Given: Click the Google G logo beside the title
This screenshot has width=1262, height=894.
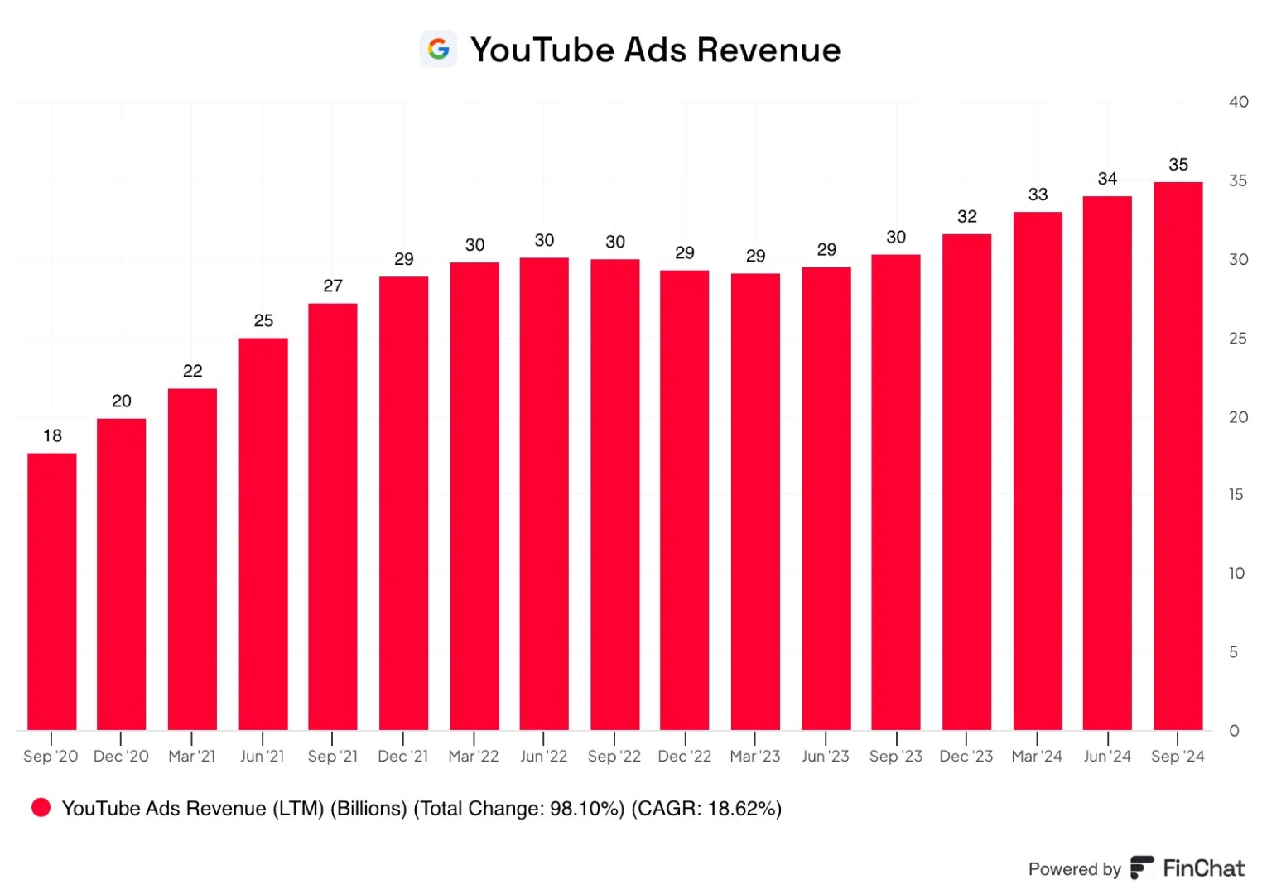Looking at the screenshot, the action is (438, 49).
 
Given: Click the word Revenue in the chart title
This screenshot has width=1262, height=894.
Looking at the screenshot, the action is (768, 50).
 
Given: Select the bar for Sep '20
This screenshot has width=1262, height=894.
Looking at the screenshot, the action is (52, 592).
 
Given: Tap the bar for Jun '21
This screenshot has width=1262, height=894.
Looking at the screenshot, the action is (263, 534).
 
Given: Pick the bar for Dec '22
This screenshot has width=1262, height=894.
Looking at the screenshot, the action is (685, 500).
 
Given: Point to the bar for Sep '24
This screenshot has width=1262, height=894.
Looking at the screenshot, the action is (1178, 456).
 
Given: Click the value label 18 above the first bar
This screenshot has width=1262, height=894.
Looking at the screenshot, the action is (52, 435).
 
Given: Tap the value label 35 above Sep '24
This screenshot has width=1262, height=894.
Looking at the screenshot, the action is (1178, 165).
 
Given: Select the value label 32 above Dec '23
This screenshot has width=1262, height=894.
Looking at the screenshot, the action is (966, 216).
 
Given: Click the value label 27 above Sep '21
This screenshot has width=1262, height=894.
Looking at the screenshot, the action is (332, 286).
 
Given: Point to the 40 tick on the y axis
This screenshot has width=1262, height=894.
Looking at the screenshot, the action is (1238, 102).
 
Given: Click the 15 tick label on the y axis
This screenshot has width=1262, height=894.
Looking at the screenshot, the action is (1236, 494).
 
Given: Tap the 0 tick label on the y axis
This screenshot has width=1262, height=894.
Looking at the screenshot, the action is (1235, 731).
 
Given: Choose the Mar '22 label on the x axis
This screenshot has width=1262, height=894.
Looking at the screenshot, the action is (474, 756).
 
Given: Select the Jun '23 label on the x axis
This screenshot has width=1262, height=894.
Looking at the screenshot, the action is (826, 756).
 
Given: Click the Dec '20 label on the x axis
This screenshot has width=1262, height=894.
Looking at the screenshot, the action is (121, 756).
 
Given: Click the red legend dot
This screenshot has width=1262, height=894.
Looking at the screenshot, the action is (41, 807).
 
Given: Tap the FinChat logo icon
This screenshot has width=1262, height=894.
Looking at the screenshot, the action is (1141, 868).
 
